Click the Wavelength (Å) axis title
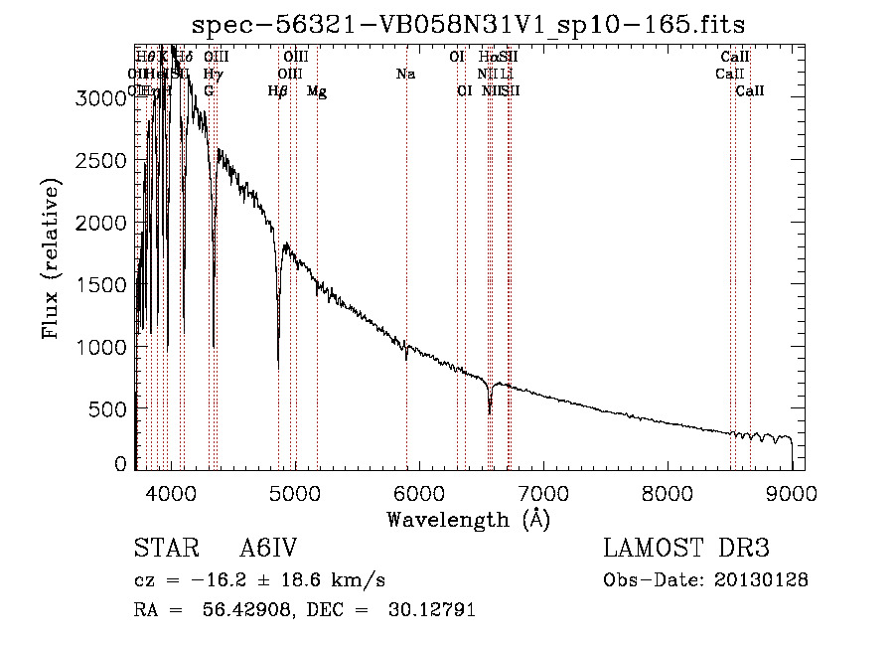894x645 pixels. point(468,519)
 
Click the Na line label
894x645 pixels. point(405,75)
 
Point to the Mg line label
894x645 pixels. point(317,91)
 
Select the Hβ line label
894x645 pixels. point(278,91)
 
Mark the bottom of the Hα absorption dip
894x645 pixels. point(490,411)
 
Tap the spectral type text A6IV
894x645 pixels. point(268,550)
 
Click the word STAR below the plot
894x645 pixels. point(166,550)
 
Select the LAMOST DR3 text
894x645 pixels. point(686,550)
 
